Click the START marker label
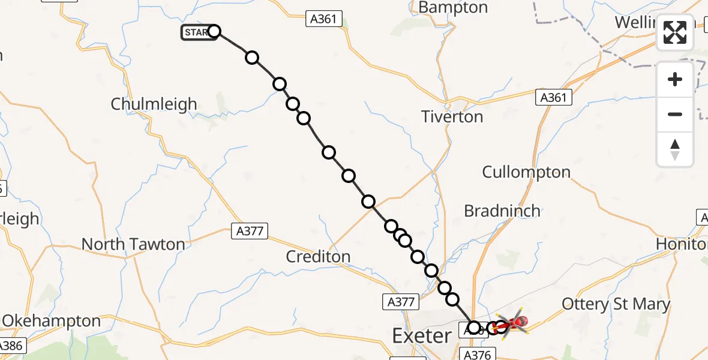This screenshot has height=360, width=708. (197, 32)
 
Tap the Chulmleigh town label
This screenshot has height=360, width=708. (154, 104)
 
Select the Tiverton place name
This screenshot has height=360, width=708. (452, 116)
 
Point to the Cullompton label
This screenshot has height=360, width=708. (526, 172)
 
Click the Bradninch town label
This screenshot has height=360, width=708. (502, 211)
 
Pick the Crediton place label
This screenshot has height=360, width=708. (318, 256)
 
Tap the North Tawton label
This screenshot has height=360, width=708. (133, 244)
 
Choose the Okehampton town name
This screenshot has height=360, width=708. (52, 321)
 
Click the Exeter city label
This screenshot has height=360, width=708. (422, 335)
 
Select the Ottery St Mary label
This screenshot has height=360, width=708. (616, 304)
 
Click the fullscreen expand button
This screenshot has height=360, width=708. (675, 32)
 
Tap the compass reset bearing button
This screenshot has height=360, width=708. (675, 149)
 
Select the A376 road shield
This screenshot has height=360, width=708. (477, 355)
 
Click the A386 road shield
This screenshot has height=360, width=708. (10, 346)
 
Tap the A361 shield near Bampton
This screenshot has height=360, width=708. (324, 19)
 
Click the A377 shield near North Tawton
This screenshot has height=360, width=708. (250, 231)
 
